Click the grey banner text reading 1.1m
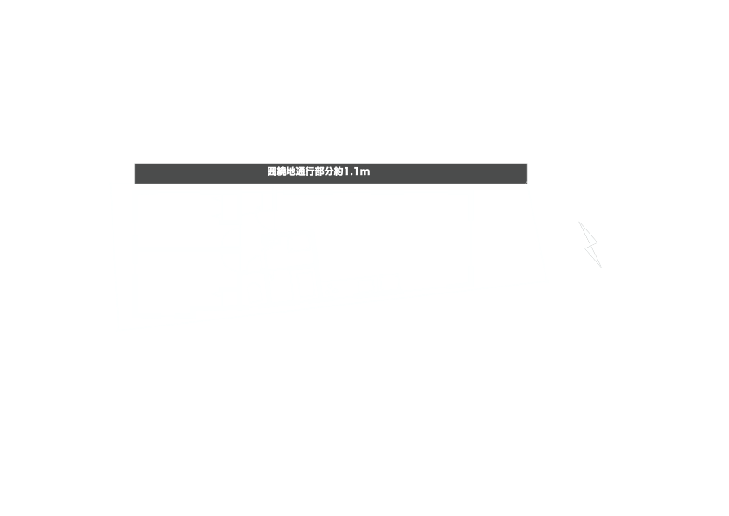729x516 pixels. (x=357, y=172)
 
